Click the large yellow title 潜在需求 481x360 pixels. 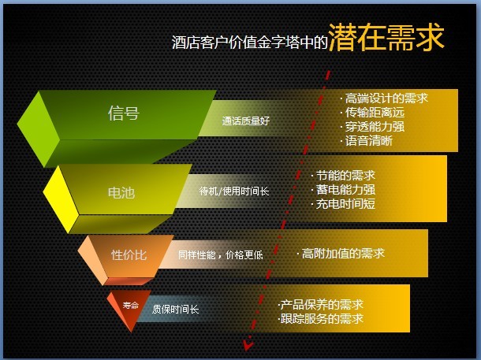[x=386, y=38]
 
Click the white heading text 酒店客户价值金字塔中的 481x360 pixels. [x=250, y=43]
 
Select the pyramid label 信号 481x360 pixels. [x=124, y=113]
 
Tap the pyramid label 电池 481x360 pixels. [x=121, y=193]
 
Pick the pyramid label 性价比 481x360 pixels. [x=129, y=255]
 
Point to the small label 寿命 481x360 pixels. [x=131, y=305]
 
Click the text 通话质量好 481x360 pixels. [x=246, y=121]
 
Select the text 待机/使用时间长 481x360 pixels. [x=234, y=191]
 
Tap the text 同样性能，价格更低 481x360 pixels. [x=221, y=255]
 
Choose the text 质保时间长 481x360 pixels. [x=176, y=309]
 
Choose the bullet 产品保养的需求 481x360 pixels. [x=322, y=305]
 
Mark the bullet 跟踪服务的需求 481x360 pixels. [x=322, y=318]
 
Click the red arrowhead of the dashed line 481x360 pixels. [x=248, y=344]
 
